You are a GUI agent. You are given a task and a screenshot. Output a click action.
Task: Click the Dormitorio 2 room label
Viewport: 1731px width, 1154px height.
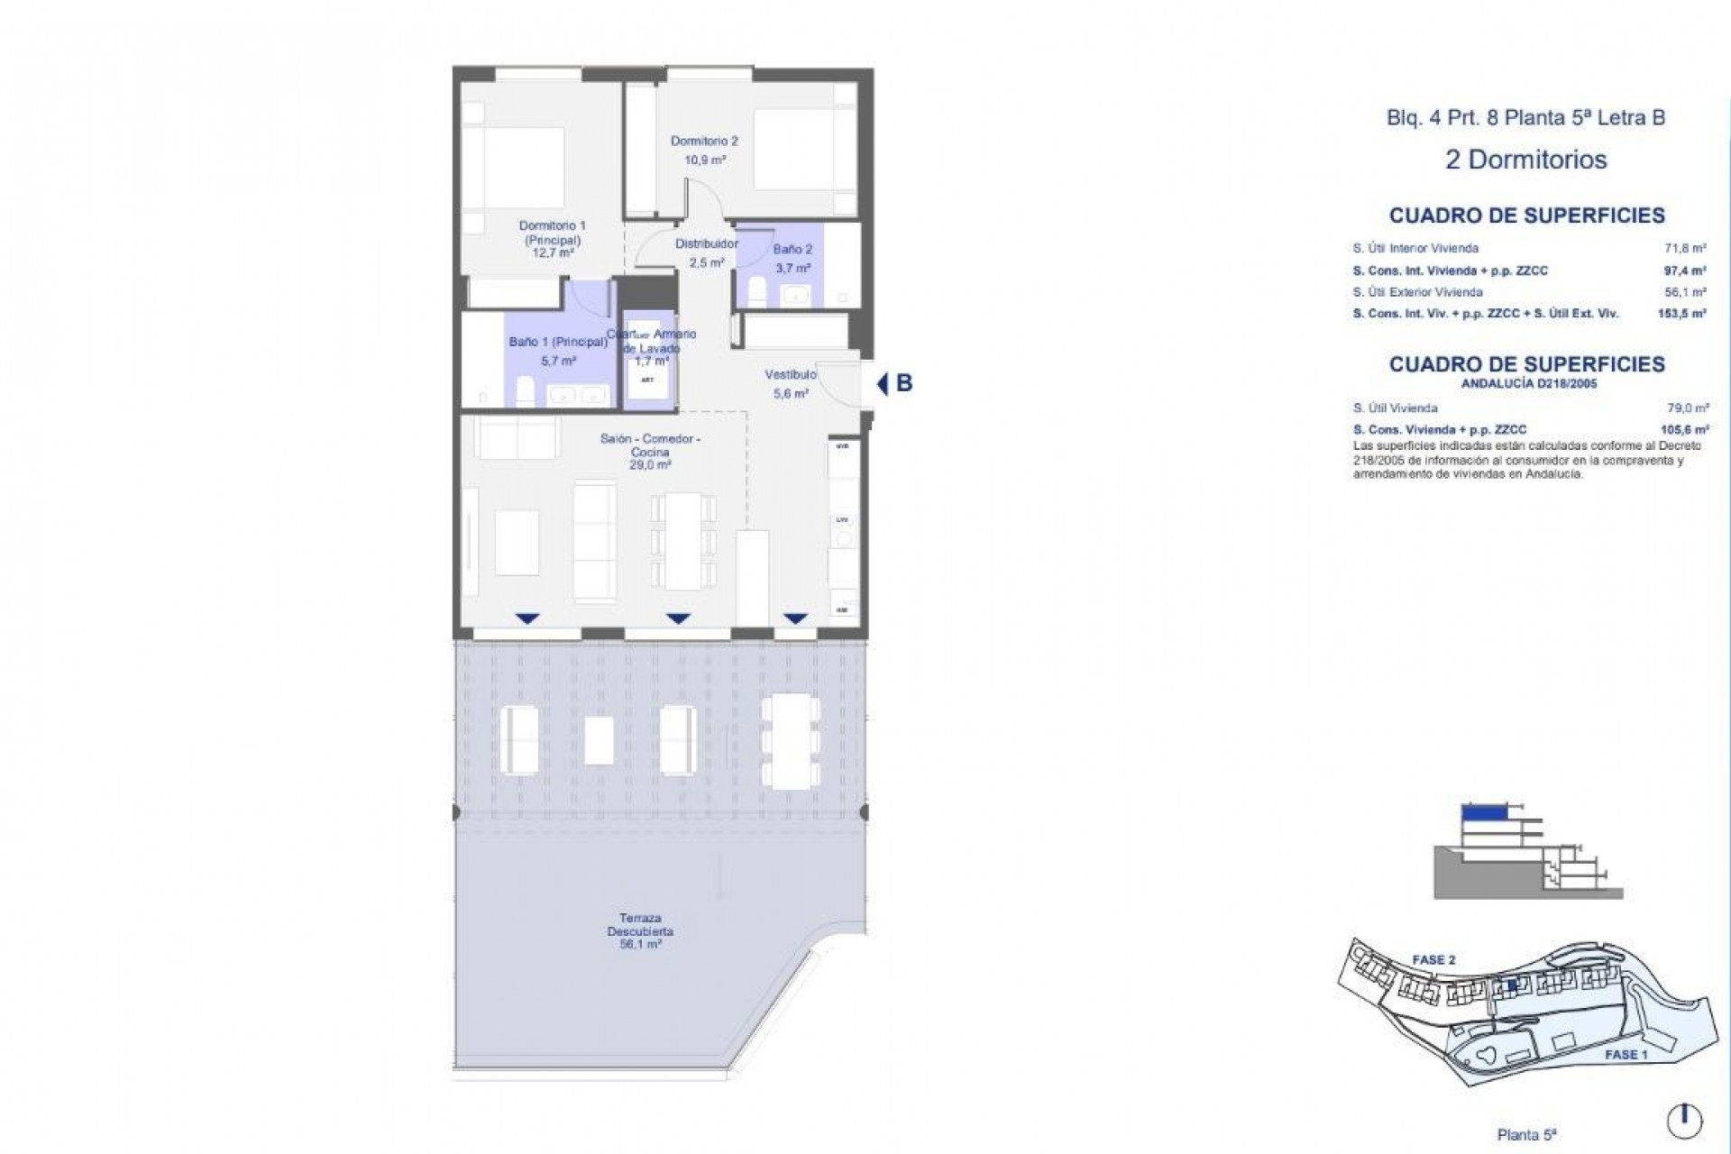(704, 141)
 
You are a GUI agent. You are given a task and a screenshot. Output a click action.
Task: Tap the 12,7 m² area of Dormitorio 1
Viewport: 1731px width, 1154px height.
(553, 253)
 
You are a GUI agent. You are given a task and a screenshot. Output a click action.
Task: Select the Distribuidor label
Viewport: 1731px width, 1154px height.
(707, 243)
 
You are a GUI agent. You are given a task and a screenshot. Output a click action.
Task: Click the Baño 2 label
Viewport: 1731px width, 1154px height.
(792, 249)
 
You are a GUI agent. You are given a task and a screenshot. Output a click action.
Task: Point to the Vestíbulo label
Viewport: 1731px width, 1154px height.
(791, 374)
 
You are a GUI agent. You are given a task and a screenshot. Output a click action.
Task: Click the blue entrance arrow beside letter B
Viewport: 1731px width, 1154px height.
(883, 384)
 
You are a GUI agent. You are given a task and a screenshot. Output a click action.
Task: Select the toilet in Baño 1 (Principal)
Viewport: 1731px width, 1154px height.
(522, 393)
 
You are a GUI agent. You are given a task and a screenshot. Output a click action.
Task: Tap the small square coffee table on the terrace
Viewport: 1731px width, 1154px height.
(599, 741)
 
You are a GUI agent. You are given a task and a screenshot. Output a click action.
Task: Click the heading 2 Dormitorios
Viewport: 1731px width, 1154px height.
(1525, 160)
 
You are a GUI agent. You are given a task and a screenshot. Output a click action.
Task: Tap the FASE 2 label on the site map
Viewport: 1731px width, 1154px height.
(1433, 960)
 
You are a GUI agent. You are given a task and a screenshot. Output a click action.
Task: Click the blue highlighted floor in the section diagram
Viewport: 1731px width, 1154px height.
(1483, 812)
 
